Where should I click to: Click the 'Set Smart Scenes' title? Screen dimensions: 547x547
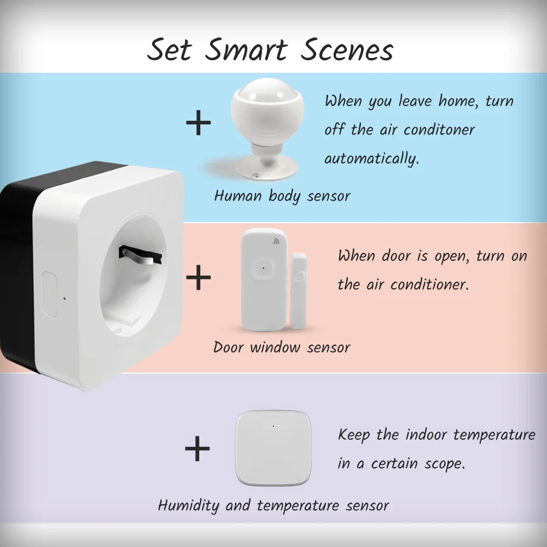pyautogui.click(x=270, y=50)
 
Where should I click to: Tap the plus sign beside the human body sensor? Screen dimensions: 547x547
pyautogui.click(x=199, y=123)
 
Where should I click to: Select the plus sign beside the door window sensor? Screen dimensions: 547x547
pyautogui.click(x=199, y=277)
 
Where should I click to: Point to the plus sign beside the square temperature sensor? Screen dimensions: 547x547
pyautogui.click(x=197, y=449)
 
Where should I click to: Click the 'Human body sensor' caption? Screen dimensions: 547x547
pyautogui.click(x=282, y=196)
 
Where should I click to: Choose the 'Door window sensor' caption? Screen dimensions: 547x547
pyautogui.click(x=282, y=347)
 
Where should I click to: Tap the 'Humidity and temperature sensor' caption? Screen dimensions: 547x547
pyautogui.click(x=273, y=505)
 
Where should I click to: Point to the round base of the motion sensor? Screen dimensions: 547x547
pyautogui.click(x=267, y=168)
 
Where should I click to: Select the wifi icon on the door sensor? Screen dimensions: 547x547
pyautogui.click(x=276, y=241)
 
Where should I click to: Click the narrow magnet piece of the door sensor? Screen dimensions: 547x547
pyautogui.click(x=298, y=291)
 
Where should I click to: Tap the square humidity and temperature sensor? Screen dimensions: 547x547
pyautogui.click(x=273, y=448)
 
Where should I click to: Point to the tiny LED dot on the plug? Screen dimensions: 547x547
pyautogui.click(x=65, y=299)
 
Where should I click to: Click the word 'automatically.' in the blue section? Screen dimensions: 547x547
pyautogui.click(x=371, y=159)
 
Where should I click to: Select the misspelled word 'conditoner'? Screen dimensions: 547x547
pyautogui.click(x=439, y=130)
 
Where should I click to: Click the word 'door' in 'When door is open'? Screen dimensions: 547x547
pyautogui.click(x=396, y=255)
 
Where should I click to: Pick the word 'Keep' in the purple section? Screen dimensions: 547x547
pyautogui.click(x=354, y=435)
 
